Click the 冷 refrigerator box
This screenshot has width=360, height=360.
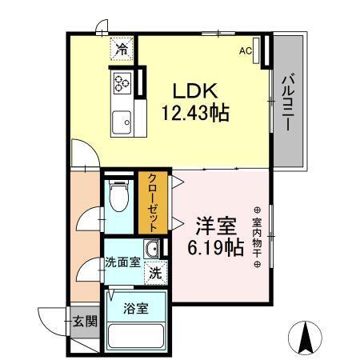click(122, 50)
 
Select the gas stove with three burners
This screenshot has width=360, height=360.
click(122, 82)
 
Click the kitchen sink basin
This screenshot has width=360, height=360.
click(122, 122)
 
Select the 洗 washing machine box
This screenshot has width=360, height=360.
click(155, 272)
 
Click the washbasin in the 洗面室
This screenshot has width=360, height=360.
click(152, 247)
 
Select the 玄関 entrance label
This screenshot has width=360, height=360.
click(85, 323)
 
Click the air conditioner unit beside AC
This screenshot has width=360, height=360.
click(258, 49)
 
